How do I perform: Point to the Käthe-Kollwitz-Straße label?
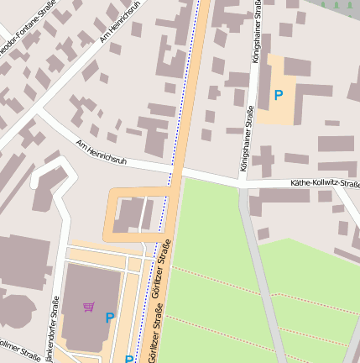(x=324, y=182)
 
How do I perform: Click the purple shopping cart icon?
(x=89, y=306)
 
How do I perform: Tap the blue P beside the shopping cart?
(x=109, y=318)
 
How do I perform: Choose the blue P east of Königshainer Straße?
(x=279, y=96)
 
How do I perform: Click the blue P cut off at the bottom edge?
(x=129, y=359)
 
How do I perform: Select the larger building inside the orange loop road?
(x=128, y=214)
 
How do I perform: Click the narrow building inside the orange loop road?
(x=148, y=213)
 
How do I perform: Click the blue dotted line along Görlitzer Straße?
(x=186, y=84)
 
